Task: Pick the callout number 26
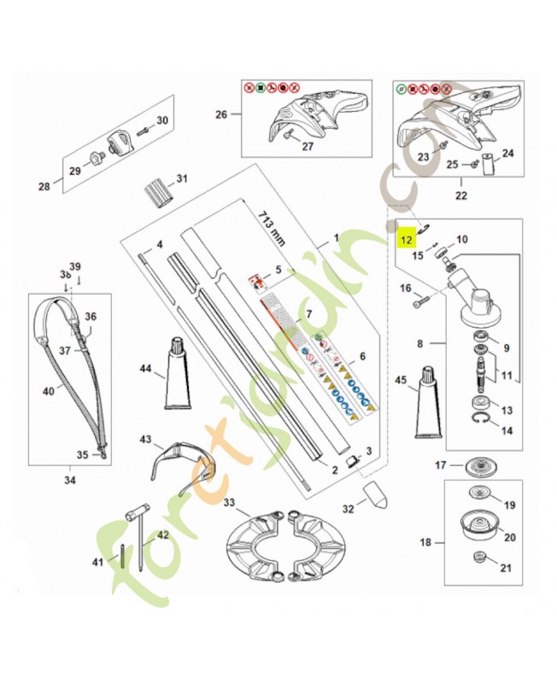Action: [220, 114]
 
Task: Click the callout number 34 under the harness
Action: [69, 481]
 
